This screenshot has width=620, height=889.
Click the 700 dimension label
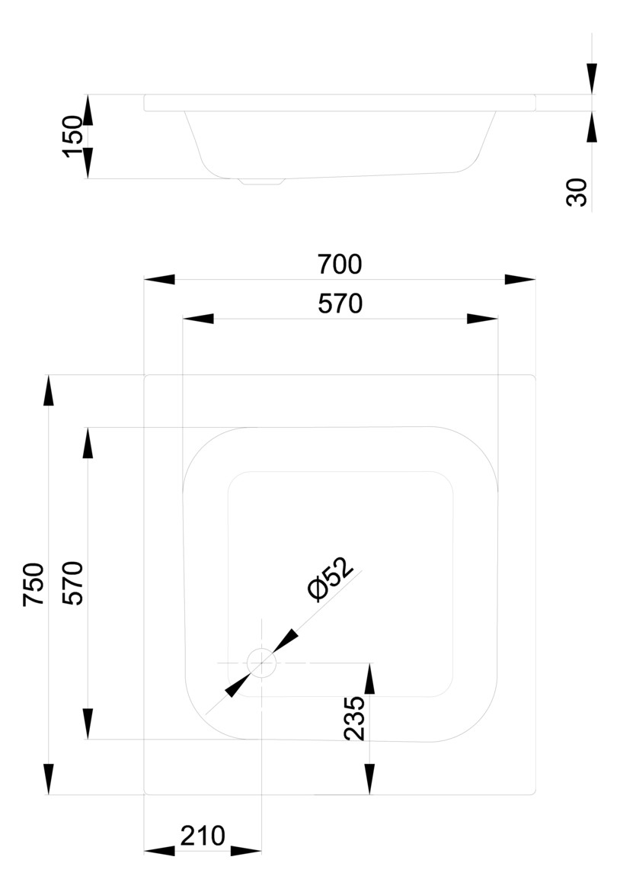click(339, 265)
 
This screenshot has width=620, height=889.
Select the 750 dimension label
click(34, 585)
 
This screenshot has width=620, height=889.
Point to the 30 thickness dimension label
click(577, 192)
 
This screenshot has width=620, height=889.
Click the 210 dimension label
click(203, 836)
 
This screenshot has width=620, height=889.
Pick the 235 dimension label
click(355, 718)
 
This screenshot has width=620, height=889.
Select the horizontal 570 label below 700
click(340, 304)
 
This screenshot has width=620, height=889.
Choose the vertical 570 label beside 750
click(73, 583)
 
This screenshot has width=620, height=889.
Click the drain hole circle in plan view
click(261, 663)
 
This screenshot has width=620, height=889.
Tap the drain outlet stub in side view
click(261, 181)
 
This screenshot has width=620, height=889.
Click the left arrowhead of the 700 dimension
click(159, 280)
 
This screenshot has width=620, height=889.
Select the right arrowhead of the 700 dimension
click(519, 280)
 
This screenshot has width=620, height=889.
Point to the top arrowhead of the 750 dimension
click(49, 390)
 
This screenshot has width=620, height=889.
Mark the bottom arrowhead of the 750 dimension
click(49, 779)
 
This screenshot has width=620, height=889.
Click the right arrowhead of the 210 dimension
click(246, 851)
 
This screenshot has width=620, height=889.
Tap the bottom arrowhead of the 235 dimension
click(369, 779)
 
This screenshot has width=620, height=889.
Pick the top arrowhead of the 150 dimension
click(88, 110)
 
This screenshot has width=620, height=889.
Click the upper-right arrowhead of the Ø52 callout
click(286, 640)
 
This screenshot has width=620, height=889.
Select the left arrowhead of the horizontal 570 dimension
click(198, 319)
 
